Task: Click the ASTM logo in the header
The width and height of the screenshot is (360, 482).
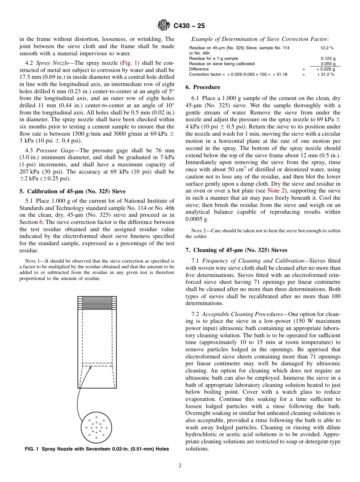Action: (164, 26)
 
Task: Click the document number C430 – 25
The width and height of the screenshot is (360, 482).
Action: (189, 26)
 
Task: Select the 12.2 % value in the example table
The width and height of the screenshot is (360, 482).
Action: (327, 48)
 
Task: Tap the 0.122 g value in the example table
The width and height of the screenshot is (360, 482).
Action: (328, 59)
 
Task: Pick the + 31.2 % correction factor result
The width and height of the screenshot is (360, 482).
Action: (326, 75)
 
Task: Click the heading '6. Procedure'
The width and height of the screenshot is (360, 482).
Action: (203, 87)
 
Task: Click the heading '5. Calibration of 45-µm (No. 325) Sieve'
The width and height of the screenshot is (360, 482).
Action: (72, 191)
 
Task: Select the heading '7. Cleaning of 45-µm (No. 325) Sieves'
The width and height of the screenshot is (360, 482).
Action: (236, 250)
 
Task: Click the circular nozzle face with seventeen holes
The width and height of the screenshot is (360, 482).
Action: (96, 427)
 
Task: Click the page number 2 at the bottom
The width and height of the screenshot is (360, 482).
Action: (180, 466)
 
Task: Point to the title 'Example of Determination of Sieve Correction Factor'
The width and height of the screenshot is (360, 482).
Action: (260, 39)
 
